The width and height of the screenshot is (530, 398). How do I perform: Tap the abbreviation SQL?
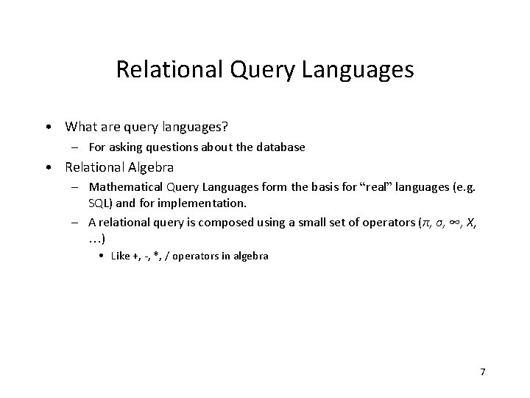pyautogui.click(x=98, y=203)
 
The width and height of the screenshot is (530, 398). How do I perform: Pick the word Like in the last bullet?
pyautogui.click(x=120, y=256)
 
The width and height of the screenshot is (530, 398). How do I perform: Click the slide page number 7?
pyautogui.click(x=482, y=371)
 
